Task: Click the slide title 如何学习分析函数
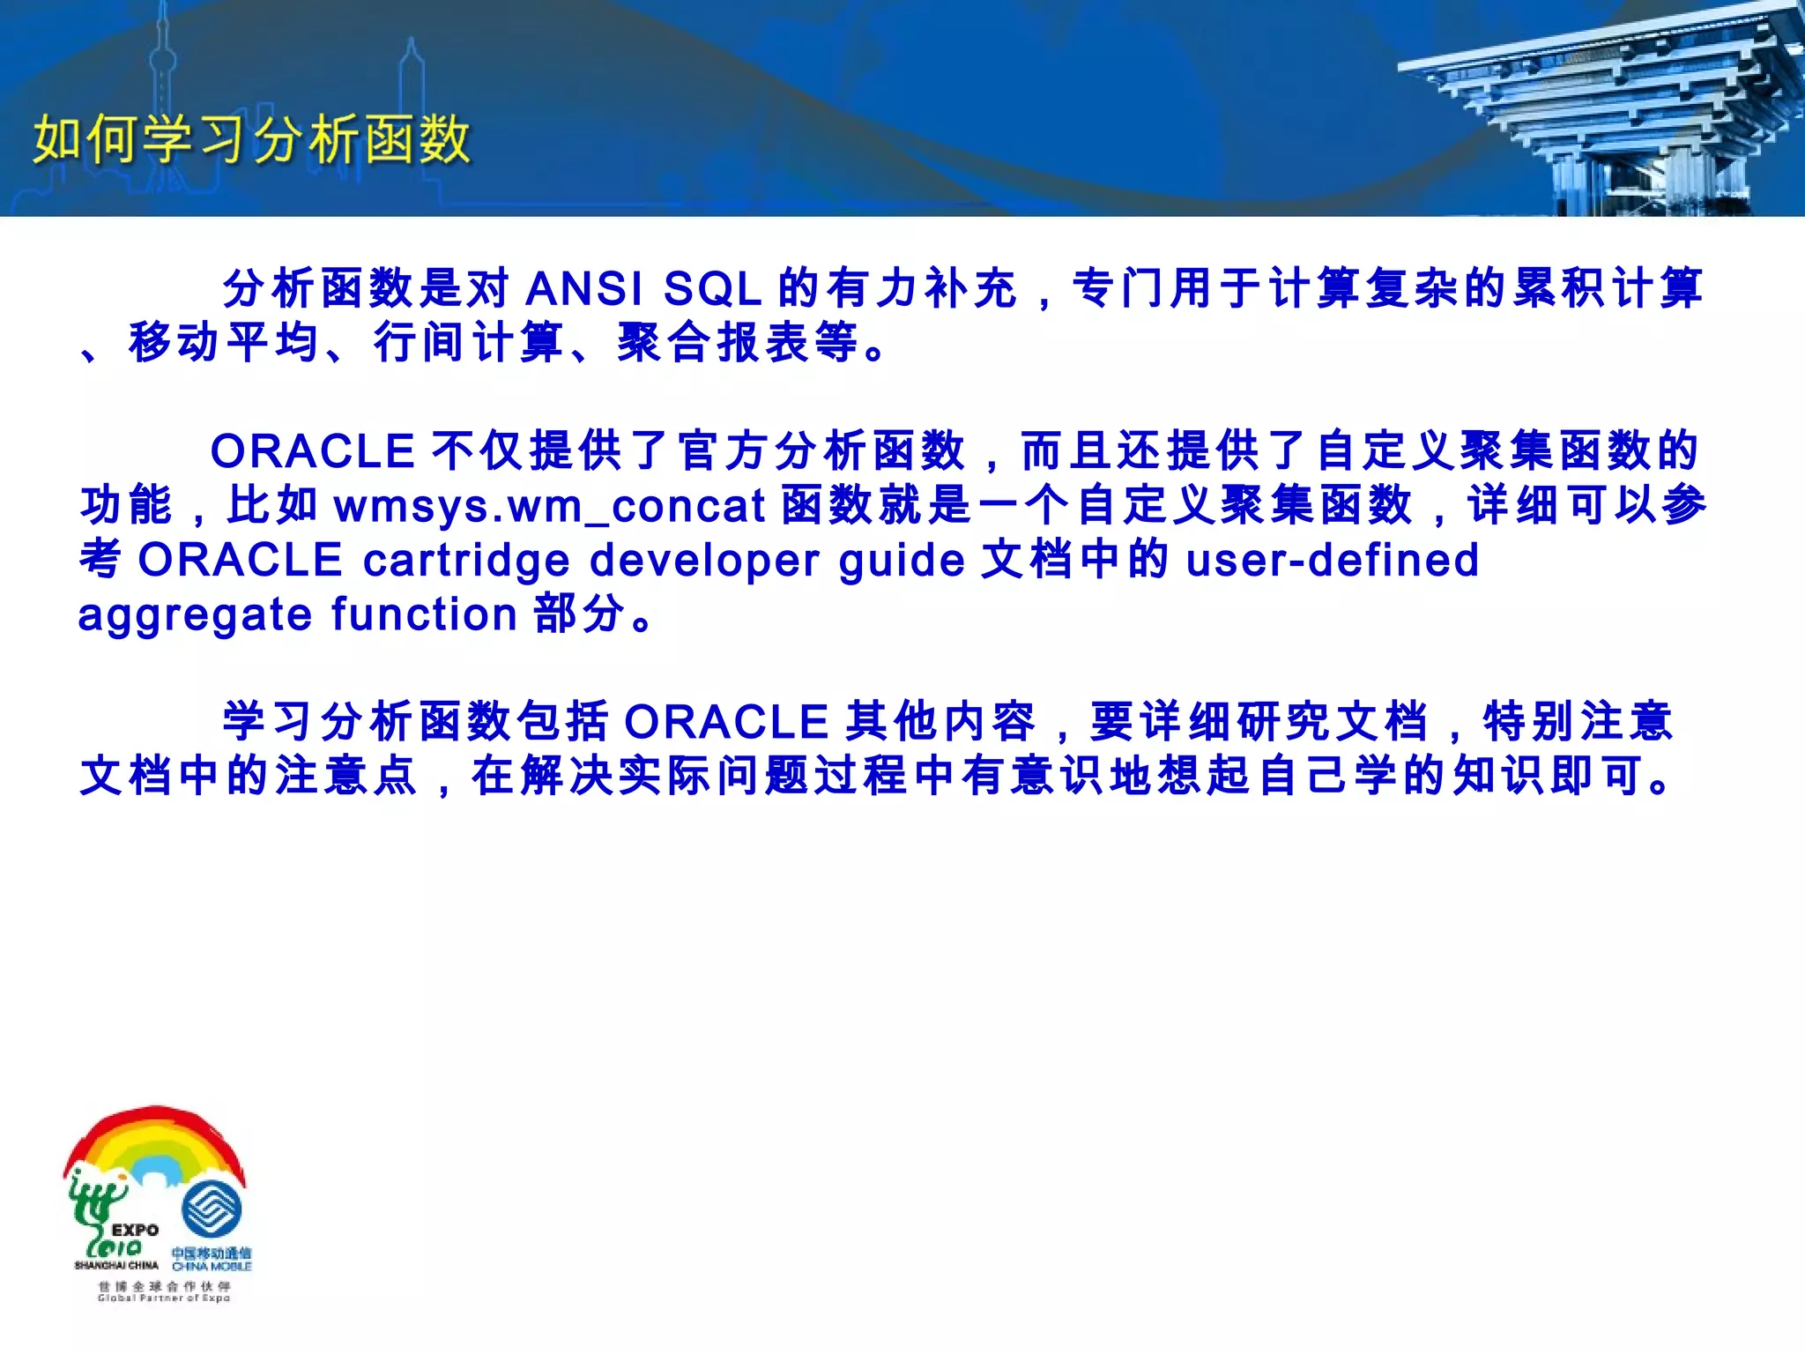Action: point(252,140)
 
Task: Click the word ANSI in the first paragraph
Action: point(583,289)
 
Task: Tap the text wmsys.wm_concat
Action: point(549,506)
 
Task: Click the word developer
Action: point(704,561)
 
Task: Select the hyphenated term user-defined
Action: point(1332,560)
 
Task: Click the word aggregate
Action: point(195,615)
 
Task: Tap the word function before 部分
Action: point(424,614)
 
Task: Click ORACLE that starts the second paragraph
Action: point(313,451)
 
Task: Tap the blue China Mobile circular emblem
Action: point(212,1209)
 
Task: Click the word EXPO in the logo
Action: point(135,1230)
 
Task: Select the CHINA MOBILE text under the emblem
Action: point(212,1267)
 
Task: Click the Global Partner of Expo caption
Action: point(164,1298)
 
